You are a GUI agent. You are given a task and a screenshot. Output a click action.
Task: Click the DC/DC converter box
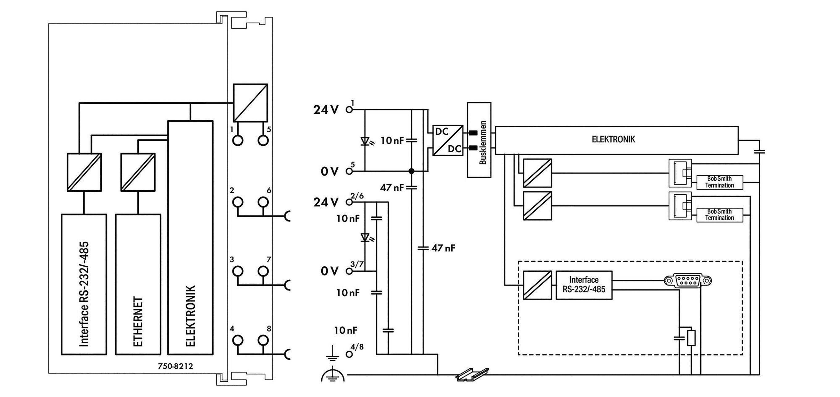tap(448, 140)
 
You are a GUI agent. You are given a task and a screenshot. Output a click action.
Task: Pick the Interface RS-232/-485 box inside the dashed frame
tap(584, 285)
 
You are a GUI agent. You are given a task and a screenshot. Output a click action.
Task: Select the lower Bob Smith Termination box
tap(719, 215)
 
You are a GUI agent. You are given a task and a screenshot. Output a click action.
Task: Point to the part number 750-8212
tap(175, 366)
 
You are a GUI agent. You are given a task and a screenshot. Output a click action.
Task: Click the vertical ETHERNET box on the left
tap(138, 284)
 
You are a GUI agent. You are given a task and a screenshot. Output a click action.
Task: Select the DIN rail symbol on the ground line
tap(472, 374)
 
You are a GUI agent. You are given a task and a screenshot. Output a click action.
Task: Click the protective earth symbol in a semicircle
tap(332, 375)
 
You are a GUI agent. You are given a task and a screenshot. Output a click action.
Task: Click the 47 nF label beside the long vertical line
tap(443, 248)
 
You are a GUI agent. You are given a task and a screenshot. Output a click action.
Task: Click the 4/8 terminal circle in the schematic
tap(349, 354)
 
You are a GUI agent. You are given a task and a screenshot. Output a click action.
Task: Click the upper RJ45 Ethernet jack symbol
tap(680, 173)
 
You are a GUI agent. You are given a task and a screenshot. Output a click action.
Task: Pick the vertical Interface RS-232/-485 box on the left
tap(84, 284)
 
